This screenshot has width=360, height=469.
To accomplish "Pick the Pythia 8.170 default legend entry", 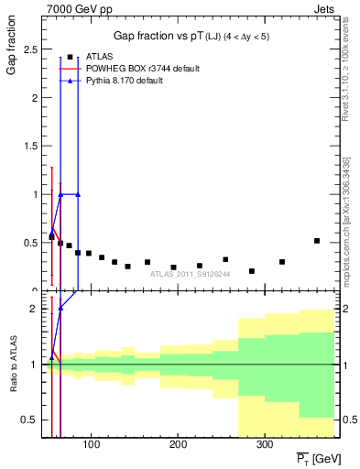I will [x=136, y=81].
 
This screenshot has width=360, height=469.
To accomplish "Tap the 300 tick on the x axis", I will [x=264, y=444].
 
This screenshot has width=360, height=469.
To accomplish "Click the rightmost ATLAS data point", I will [x=317, y=241].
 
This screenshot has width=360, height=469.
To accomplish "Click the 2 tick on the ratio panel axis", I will [x=35, y=309].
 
